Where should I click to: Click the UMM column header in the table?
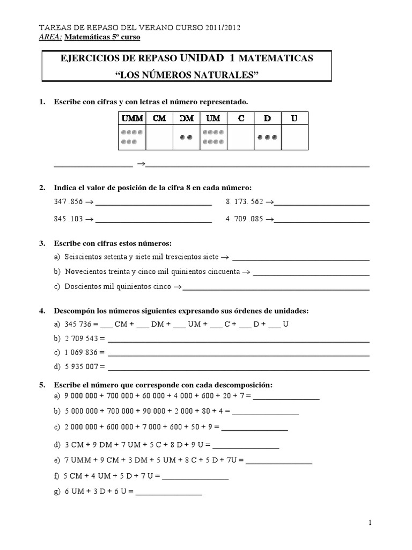[x=132, y=119]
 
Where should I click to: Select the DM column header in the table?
[x=186, y=119]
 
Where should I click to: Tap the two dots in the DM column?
[x=186, y=137]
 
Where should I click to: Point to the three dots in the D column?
[x=267, y=137]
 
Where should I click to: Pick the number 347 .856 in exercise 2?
[x=69, y=203]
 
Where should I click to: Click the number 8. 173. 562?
[x=245, y=203]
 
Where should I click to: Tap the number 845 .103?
[x=69, y=219]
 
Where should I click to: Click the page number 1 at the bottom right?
[x=370, y=523]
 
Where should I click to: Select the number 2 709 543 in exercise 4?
[x=81, y=339]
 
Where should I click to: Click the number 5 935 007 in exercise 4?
[x=81, y=367]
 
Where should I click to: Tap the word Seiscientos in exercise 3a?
[x=83, y=257]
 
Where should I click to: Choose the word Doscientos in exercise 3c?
[x=83, y=287]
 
